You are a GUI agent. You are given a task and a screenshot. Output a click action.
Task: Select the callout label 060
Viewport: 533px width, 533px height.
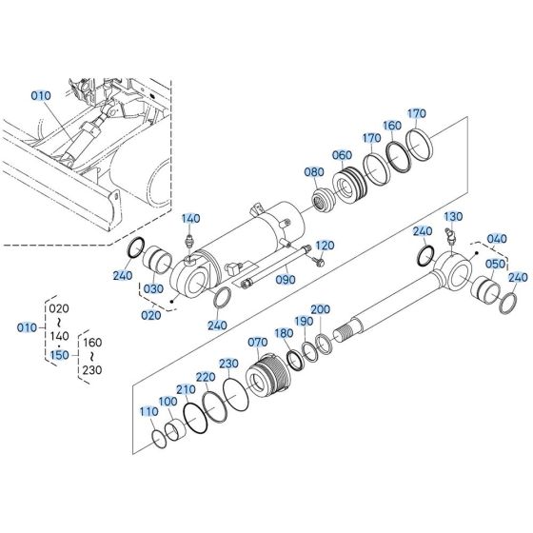point(343,154)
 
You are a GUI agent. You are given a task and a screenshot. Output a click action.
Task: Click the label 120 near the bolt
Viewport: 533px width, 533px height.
point(325,246)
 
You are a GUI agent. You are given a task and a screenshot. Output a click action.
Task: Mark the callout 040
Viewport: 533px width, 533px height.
point(496,238)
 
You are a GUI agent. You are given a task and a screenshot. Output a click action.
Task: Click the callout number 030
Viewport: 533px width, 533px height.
point(153,289)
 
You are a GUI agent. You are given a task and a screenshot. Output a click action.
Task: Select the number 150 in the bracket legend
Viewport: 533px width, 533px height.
point(59,354)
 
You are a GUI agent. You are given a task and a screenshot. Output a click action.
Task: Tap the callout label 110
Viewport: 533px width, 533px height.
point(148,411)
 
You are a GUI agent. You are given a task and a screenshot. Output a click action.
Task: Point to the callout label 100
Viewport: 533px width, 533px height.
point(167,403)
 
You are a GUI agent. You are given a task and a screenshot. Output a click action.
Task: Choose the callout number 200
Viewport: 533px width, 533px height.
point(321,309)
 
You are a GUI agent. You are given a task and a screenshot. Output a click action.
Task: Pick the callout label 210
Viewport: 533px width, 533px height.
point(186,389)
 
